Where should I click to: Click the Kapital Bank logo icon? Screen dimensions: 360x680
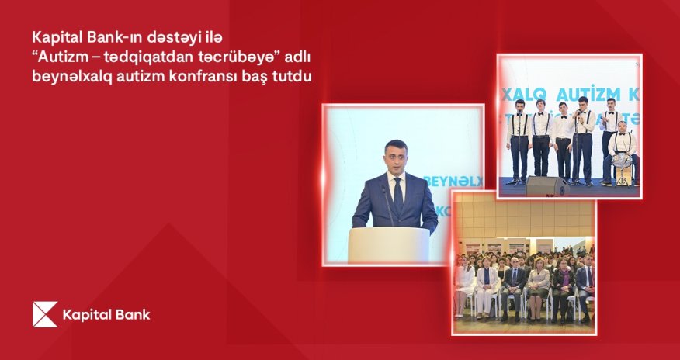(x=45, y=314)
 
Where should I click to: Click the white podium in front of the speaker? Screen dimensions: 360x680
(x=388, y=244)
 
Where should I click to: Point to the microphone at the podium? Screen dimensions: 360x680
(x=386, y=202)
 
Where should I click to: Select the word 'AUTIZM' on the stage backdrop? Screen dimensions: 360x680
(x=571, y=94)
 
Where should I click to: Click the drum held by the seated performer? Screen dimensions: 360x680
(x=621, y=161)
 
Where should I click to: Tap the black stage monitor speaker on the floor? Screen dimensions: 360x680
(x=547, y=186)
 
